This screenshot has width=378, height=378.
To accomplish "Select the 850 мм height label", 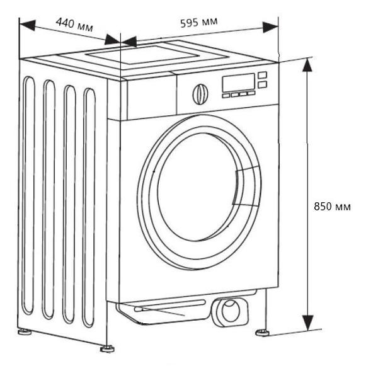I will (332, 206).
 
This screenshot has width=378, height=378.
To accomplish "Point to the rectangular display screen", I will (238, 83).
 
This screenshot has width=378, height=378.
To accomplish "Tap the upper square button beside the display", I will (262, 75).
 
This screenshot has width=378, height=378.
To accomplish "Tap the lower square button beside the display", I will (262, 83).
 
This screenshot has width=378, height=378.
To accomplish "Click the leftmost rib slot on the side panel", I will (29, 195).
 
